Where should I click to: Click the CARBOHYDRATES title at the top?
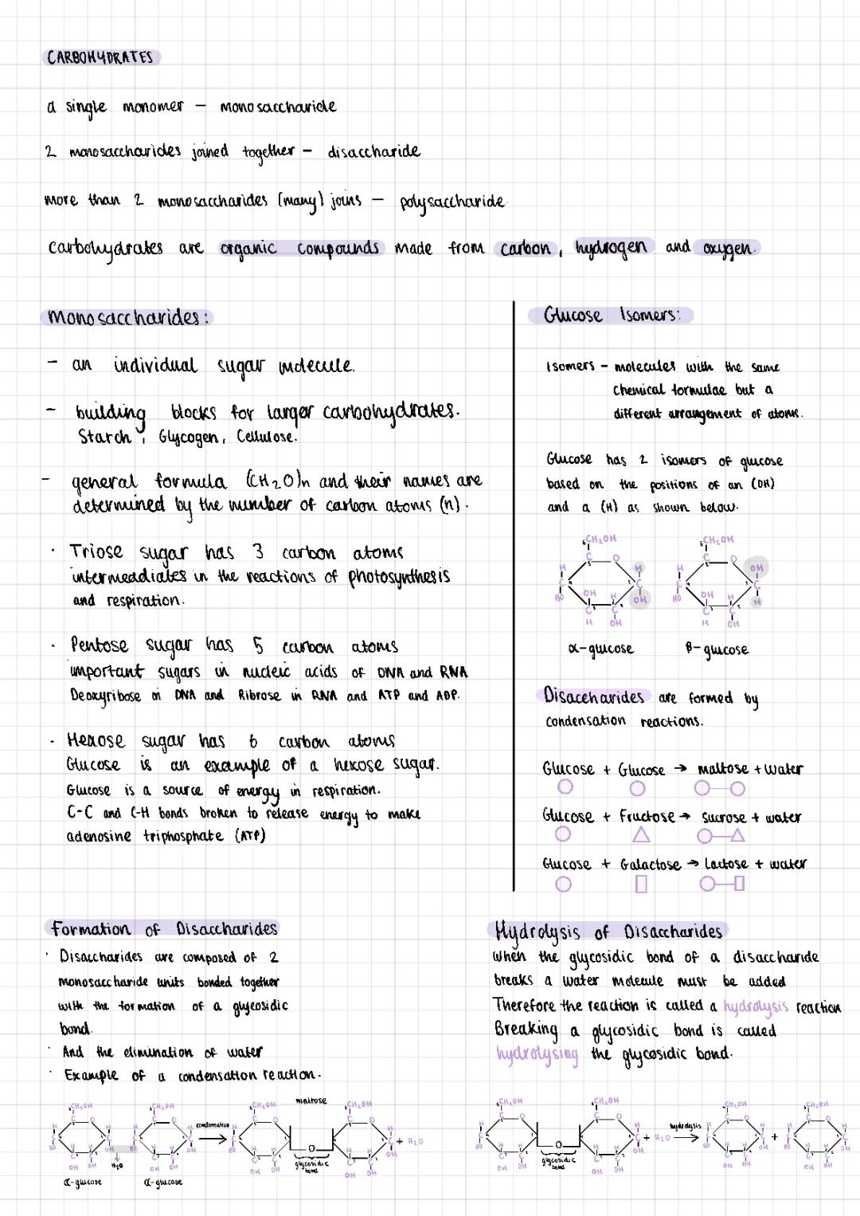click(x=100, y=57)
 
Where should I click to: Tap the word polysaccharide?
click(x=451, y=201)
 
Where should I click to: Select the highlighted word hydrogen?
click(x=612, y=248)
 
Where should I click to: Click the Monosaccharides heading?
click(x=127, y=317)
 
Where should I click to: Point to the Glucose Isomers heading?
click(x=612, y=316)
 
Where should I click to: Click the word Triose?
click(x=96, y=551)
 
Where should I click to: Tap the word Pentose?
click(x=99, y=645)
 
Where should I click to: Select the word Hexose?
click(x=96, y=740)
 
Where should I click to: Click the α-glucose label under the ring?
click(x=600, y=649)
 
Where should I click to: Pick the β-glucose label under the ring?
click(x=717, y=649)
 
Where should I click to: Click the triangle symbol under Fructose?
click(x=641, y=835)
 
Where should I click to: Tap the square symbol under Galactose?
click(x=642, y=884)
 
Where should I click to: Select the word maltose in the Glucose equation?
click(x=722, y=769)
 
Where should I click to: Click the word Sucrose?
click(x=723, y=817)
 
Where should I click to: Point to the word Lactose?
click(x=725, y=864)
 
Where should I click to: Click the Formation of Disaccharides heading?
click(x=164, y=929)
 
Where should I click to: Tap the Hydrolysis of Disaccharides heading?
click(x=608, y=932)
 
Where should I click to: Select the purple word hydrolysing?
click(x=537, y=1054)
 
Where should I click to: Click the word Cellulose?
click(x=266, y=437)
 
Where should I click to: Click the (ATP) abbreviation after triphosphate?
click(x=250, y=836)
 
